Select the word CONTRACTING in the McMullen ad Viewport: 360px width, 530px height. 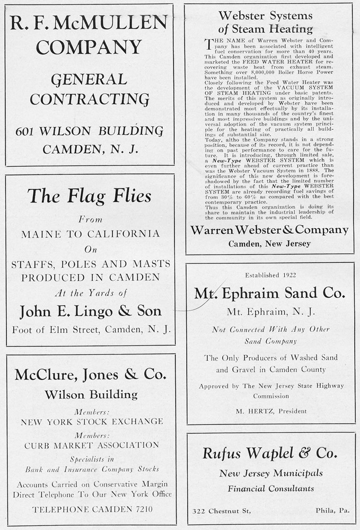(89, 99)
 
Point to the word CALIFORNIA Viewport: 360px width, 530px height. (122, 234)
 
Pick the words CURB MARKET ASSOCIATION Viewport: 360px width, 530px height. (92, 445)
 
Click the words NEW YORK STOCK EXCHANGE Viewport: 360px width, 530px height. (92, 422)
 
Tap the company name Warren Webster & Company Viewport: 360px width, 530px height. (269, 230)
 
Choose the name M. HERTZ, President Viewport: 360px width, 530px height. (271, 411)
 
